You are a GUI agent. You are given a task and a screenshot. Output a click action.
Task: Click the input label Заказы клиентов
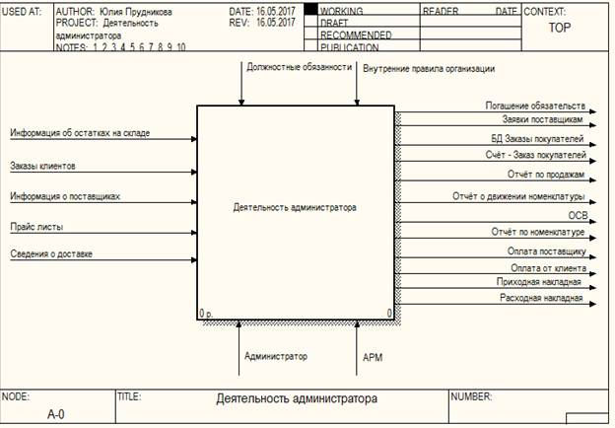tap(42, 166)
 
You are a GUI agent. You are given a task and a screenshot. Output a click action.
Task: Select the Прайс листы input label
tap(36, 227)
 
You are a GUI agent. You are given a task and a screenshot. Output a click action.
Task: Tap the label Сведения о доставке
tap(51, 253)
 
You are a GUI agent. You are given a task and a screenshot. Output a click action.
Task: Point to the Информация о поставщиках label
tap(65, 196)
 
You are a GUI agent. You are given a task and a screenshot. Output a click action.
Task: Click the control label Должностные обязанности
tap(300, 67)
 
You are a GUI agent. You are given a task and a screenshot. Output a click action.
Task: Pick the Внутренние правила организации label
tap(429, 69)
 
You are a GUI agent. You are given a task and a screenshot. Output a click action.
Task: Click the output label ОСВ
tap(579, 215)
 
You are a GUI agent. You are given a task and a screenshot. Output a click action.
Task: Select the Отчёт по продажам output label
tap(546, 175)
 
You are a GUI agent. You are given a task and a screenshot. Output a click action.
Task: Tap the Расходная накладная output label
tap(541, 298)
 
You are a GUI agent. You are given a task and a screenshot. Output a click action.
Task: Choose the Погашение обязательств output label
tap(535, 106)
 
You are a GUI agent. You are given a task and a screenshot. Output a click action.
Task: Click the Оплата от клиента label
tap(548, 268)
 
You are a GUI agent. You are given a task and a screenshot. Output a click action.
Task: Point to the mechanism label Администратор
tap(276, 356)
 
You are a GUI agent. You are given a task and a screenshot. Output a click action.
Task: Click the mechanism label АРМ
tap(373, 357)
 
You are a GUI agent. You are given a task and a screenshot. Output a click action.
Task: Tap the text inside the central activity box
tap(295, 207)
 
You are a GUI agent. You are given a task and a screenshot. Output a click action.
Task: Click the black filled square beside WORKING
tap(310, 10)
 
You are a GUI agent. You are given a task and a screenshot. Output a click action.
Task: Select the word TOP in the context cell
tap(560, 28)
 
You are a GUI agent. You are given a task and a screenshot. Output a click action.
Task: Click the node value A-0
tap(56, 414)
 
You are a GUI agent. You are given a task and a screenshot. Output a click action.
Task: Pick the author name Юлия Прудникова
tap(136, 12)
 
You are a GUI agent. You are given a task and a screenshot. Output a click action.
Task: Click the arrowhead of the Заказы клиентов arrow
tap(194, 172)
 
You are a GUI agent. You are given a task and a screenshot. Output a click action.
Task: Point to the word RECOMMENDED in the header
tap(356, 36)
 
